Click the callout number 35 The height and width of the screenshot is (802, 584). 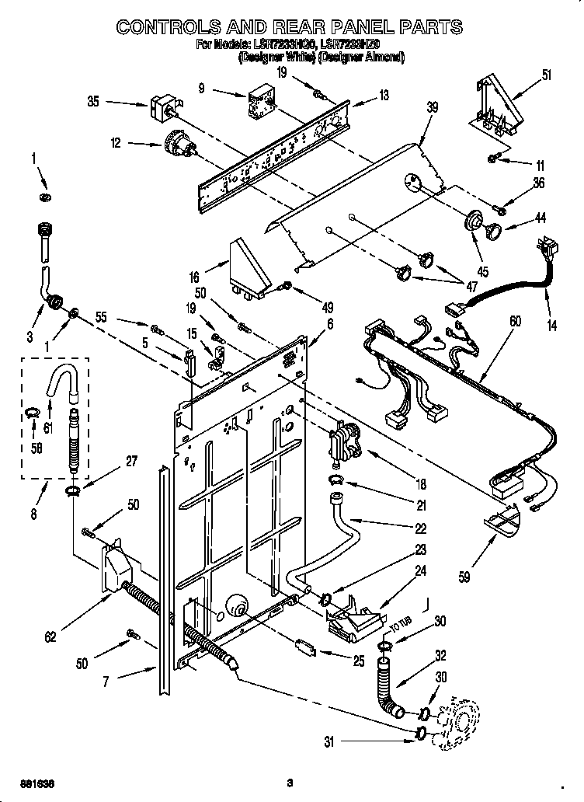point(93,102)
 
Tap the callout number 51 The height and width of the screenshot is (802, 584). point(546,75)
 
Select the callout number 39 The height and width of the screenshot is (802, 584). point(431,107)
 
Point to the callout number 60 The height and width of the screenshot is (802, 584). point(514,321)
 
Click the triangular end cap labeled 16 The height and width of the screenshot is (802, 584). point(250,267)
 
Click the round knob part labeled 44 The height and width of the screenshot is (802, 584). point(492,230)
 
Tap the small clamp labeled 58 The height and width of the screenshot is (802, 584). point(31,413)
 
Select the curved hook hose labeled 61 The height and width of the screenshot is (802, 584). point(65,384)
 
